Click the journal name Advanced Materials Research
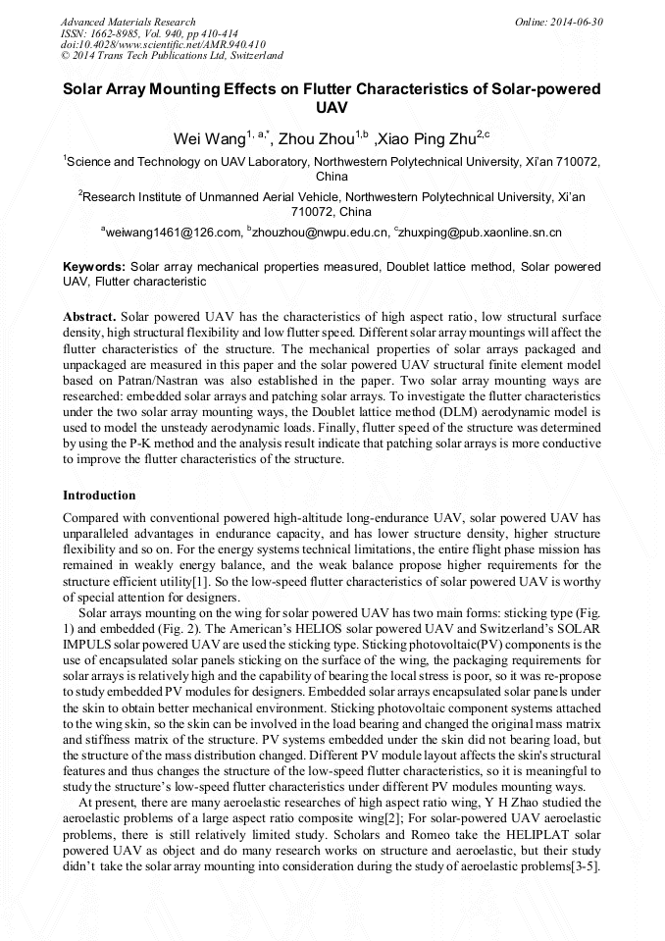(x=128, y=22)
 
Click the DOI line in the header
(x=162, y=44)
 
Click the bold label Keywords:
(x=94, y=266)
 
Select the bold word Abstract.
(x=89, y=317)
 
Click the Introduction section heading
(x=99, y=495)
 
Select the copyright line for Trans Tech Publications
(x=172, y=56)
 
